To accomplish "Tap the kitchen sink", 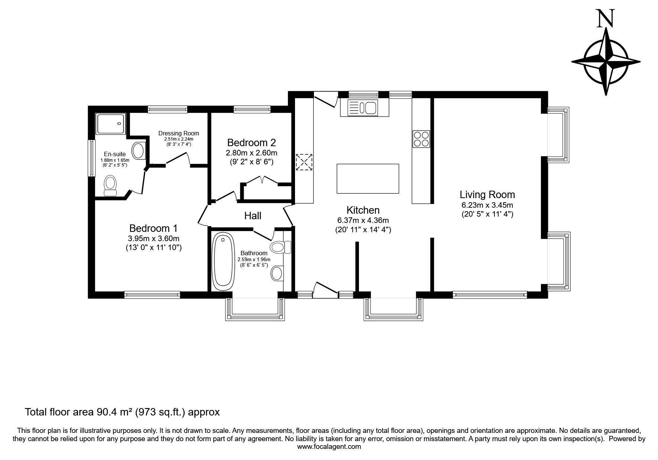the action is pos(363,108).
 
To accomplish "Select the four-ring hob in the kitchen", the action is pos(421,139).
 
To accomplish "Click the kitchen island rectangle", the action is pos(368,178).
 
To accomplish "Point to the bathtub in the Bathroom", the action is pos(223,262).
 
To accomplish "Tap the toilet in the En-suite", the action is pos(110,185).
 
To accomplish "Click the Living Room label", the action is pos(487,194).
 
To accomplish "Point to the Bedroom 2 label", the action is pos(252,142).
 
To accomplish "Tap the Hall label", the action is pos(253,216).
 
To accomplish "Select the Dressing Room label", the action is pos(179,133).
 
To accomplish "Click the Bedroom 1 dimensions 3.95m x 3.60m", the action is pos(153,239).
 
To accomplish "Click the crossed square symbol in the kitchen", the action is pos(304,162).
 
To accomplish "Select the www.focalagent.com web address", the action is pos(329,447).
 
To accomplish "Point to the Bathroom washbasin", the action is pos(276,273).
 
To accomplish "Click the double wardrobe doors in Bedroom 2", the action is pos(262,180).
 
